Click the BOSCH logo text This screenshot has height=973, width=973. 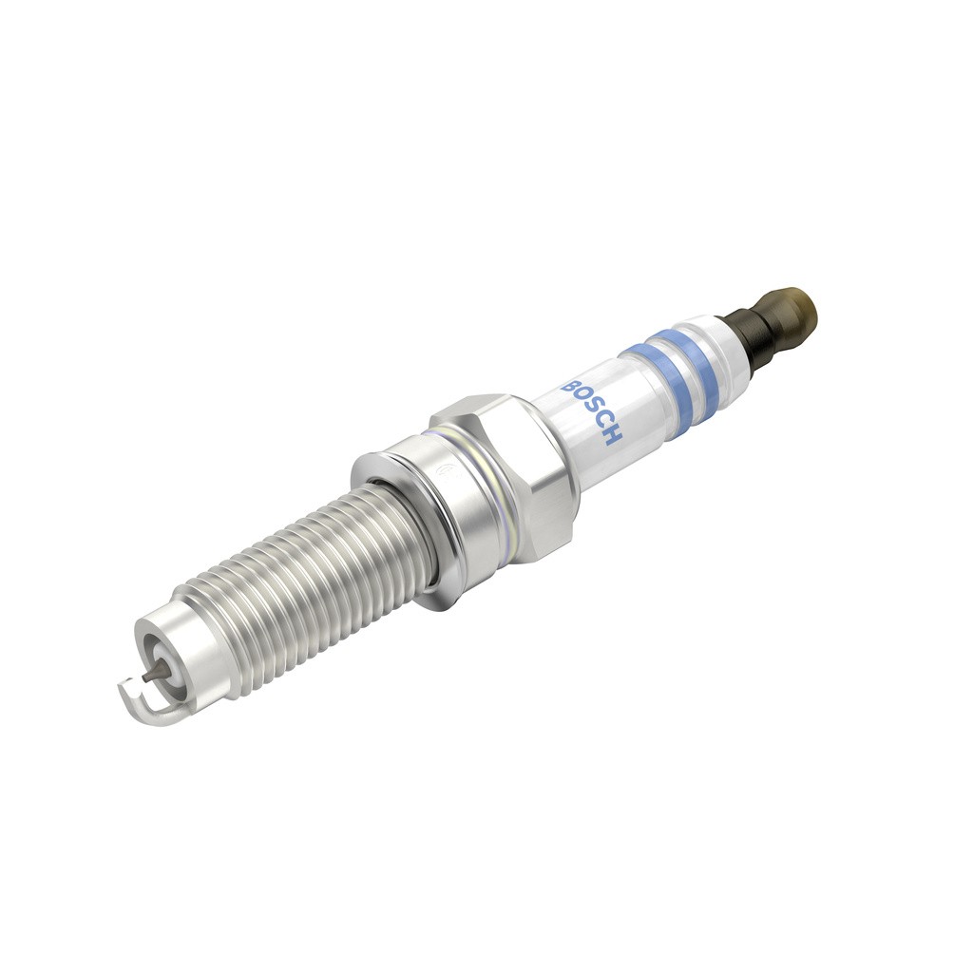pyautogui.click(x=592, y=412)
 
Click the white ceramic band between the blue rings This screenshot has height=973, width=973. pyautogui.click(x=672, y=368)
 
